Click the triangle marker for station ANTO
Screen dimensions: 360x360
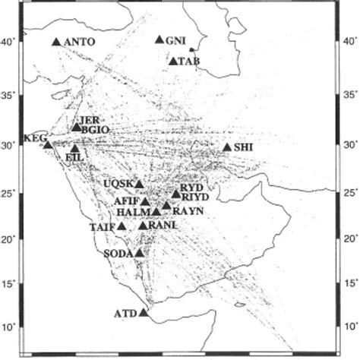[x=56, y=41]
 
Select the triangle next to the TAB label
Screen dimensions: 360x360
[x=174, y=61]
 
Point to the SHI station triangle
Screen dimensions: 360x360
[x=228, y=147]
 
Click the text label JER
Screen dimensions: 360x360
[x=89, y=121]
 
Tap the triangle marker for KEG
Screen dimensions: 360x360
[x=48, y=144]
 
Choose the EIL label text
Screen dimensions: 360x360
[x=74, y=156]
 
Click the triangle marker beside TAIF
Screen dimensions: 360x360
[x=122, y=226]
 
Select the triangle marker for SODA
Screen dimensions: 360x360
[x=140, y=253]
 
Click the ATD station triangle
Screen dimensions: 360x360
[x=144, y=310]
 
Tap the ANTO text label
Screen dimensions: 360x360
[x=81, y=42]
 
